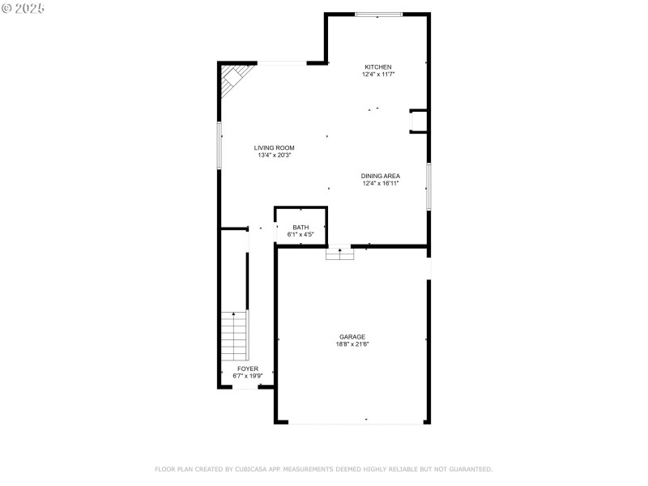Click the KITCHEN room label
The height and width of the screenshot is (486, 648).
pos(377,67)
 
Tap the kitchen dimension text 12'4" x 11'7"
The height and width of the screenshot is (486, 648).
pos(377,75)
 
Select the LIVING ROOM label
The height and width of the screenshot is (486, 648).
pos(274,147)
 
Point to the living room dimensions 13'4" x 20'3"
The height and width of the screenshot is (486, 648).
pos(274,155)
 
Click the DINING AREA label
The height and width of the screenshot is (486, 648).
pos(380,176)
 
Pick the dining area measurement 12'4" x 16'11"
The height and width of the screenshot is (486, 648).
pos(380,183)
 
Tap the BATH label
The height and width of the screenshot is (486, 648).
pos(301,228)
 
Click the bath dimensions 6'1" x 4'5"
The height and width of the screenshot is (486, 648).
pos(301,234)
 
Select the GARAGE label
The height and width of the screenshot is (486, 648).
pos(352,337)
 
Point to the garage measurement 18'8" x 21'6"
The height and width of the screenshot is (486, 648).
pos(352,344)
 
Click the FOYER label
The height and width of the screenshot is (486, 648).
pos(248,369)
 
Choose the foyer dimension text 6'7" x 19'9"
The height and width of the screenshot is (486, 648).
pos(248,376)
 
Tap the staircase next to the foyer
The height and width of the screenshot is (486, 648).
pos(234,336)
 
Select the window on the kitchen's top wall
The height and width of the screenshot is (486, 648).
pos(379,14)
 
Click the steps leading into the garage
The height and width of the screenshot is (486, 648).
pos(340,254)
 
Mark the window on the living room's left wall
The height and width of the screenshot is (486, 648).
pos(219,145)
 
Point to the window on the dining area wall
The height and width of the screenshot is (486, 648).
pos(428,186)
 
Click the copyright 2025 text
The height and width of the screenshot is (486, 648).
pos(23,7)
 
